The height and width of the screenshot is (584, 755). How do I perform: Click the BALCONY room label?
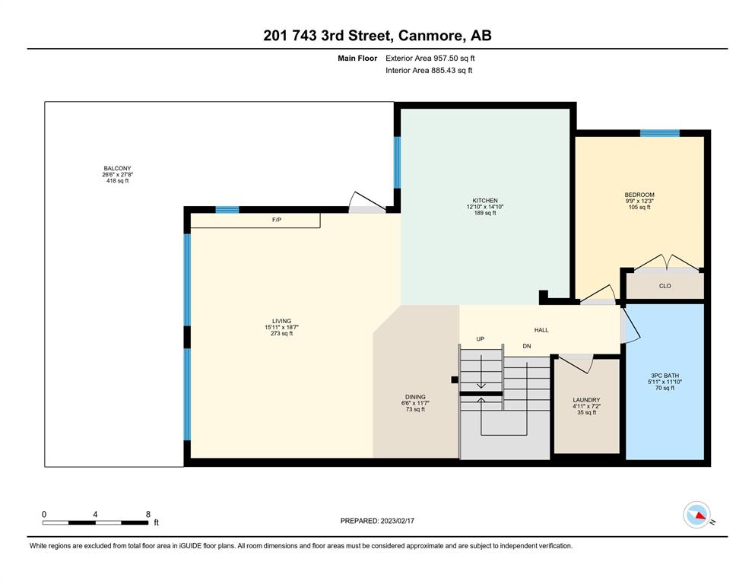click(118, 169)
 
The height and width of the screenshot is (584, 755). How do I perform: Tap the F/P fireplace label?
click(277, 220)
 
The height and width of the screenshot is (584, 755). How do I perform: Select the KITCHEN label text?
click(485, 200)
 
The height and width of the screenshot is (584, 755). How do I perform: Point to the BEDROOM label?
click(639, 195)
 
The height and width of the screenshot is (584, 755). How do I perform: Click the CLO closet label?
click(665, 286)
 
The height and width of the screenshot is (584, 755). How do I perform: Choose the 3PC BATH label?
click(665, 376)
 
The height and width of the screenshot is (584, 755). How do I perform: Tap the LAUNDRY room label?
click(586, 400)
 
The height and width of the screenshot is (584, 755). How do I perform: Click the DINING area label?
click(415, 397)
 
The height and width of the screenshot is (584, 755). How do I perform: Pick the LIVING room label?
click(281, 321)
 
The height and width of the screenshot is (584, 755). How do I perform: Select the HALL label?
click(541, 330)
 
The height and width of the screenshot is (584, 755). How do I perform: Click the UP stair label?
click(480, 339)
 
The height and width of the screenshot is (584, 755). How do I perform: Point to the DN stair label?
click(527, 346)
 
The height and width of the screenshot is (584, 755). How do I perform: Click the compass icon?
click(696, 515)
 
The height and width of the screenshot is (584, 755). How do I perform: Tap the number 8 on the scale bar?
click(148, 514)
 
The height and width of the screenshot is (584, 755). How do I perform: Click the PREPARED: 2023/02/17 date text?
click(377, 521)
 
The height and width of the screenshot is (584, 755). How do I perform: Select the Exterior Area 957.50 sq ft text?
click(430, 59)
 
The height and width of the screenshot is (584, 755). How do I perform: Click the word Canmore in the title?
click(431, 36)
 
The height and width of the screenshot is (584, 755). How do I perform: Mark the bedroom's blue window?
click(660, 133)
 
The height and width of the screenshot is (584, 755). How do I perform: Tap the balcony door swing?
click(367, 202)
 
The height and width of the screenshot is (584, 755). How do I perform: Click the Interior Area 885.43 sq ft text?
click(429, 70)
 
